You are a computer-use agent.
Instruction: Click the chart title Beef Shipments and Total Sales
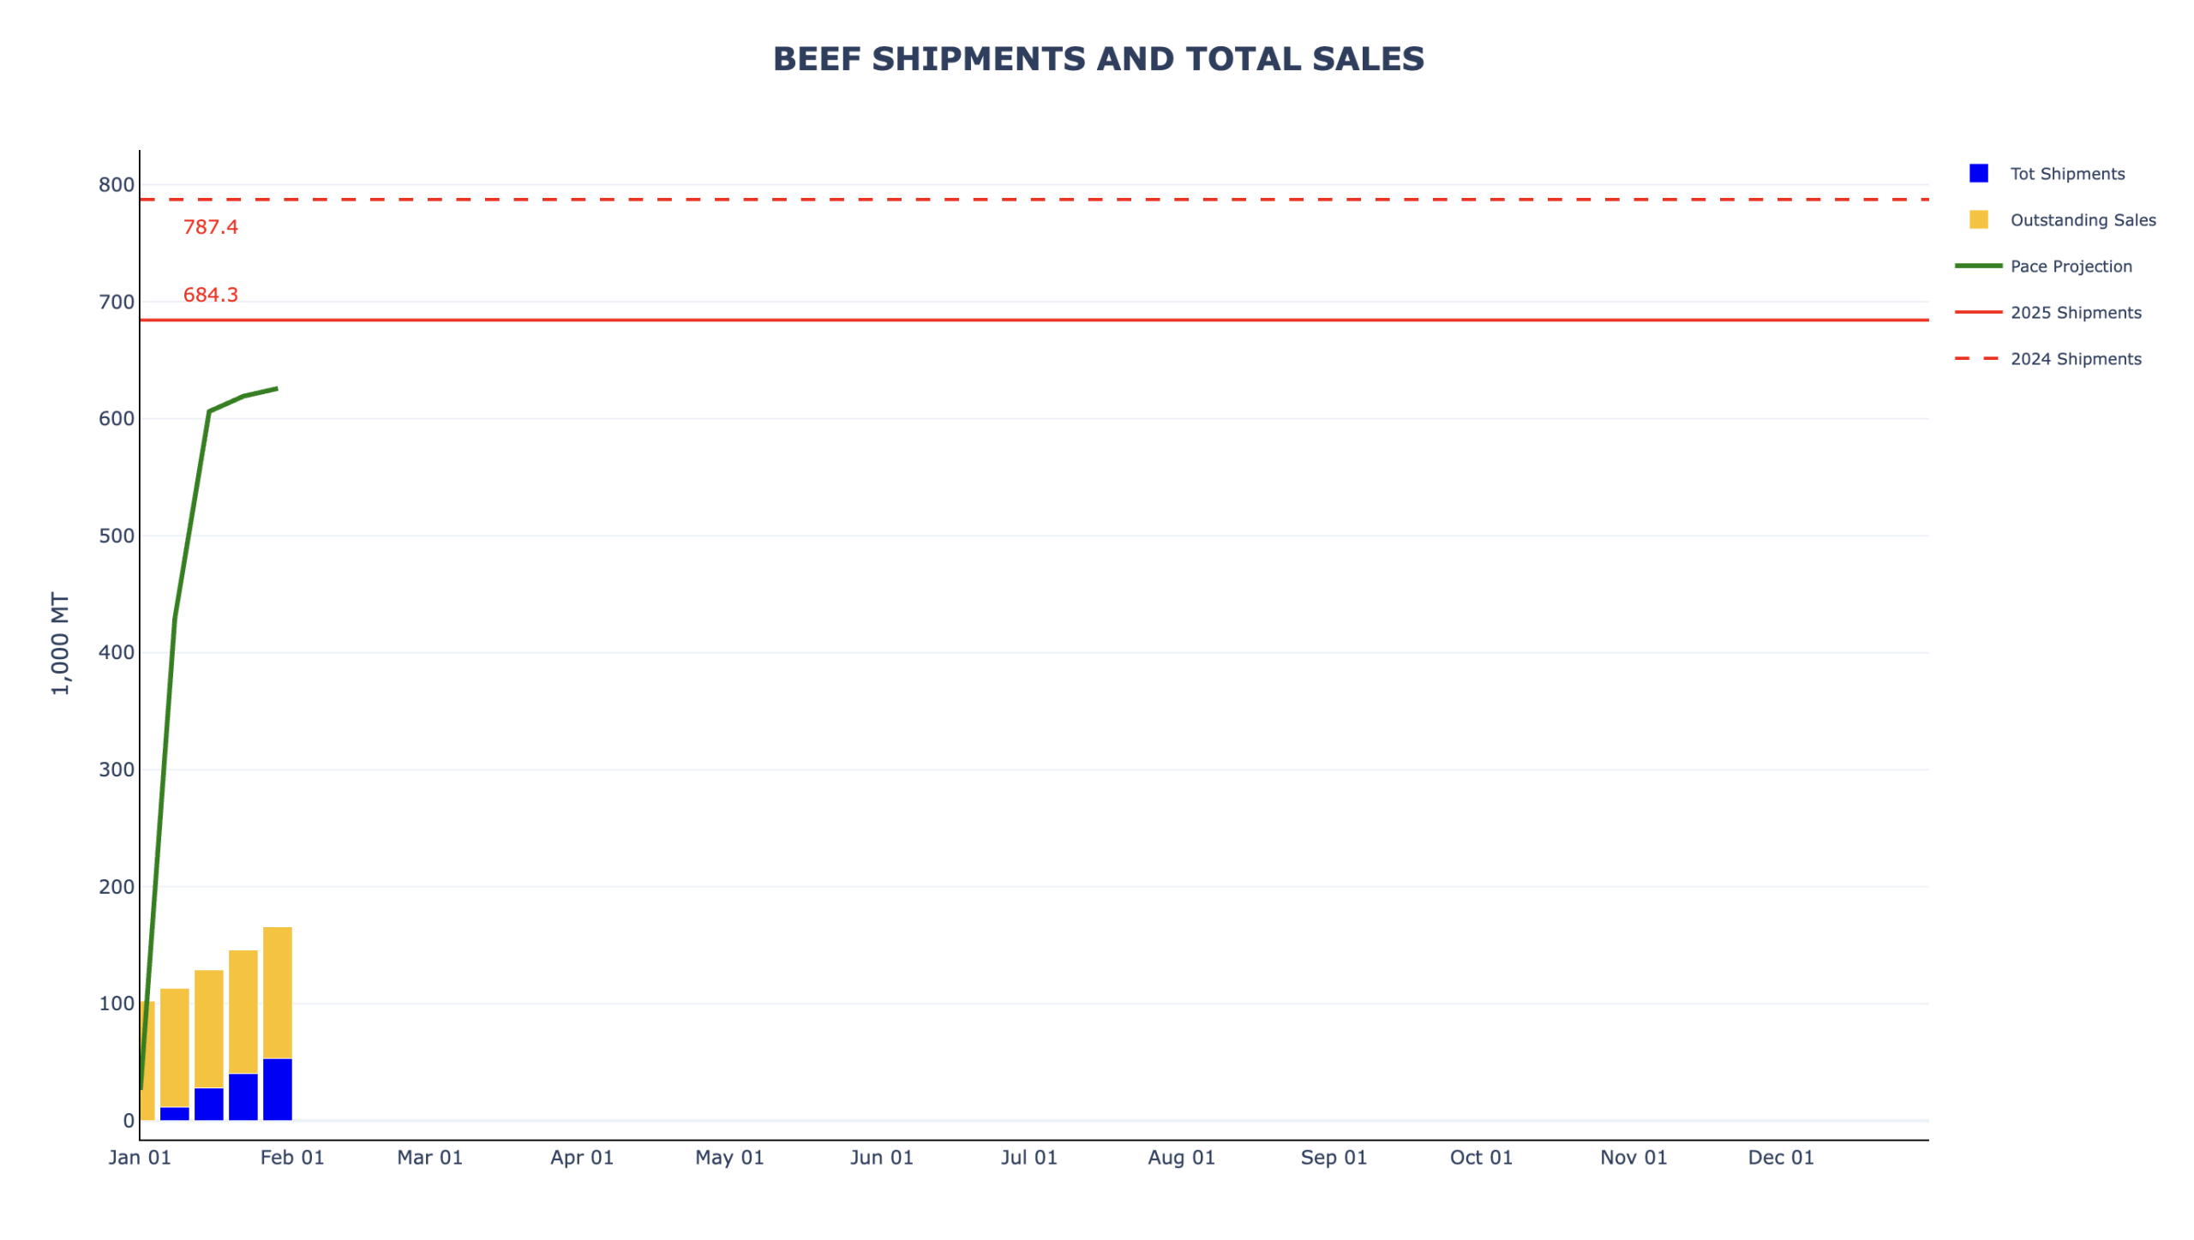(x=1098, y=59)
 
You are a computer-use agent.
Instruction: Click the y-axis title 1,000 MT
(x=60, y=643)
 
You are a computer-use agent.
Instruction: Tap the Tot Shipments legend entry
(x=2066, y=174)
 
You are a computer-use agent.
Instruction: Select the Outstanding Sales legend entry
(x=2082, y=220)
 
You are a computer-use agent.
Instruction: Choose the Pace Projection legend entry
(x=2070, y=267)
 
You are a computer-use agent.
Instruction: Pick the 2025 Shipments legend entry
(x=2075, y=313)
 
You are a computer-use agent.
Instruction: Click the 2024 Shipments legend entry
(x=2075, y=359)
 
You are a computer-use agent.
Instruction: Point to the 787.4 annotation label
(x=210, y=227)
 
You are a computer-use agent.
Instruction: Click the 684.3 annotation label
(x=210, y=295)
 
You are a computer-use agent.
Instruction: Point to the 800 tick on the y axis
(x=117, y=184)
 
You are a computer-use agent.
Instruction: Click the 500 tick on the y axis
(x=117, y=536)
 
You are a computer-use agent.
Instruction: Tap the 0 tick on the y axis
(x=129, y=1120)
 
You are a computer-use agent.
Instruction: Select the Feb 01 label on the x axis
(x=292, y=1158)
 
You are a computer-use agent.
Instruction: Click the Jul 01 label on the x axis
(x=1028, y=1158)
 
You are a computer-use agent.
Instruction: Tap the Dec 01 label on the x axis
(x=1780, y=1158)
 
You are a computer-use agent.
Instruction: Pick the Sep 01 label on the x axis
(x=1333, y=1158)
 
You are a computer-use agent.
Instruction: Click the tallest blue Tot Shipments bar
(x=277, y=1089)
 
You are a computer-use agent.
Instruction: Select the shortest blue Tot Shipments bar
(x=174, y=1113)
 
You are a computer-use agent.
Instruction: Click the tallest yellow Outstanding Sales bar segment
(x=277, y=992)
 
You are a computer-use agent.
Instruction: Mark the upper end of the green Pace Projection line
(x=276, y=389)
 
